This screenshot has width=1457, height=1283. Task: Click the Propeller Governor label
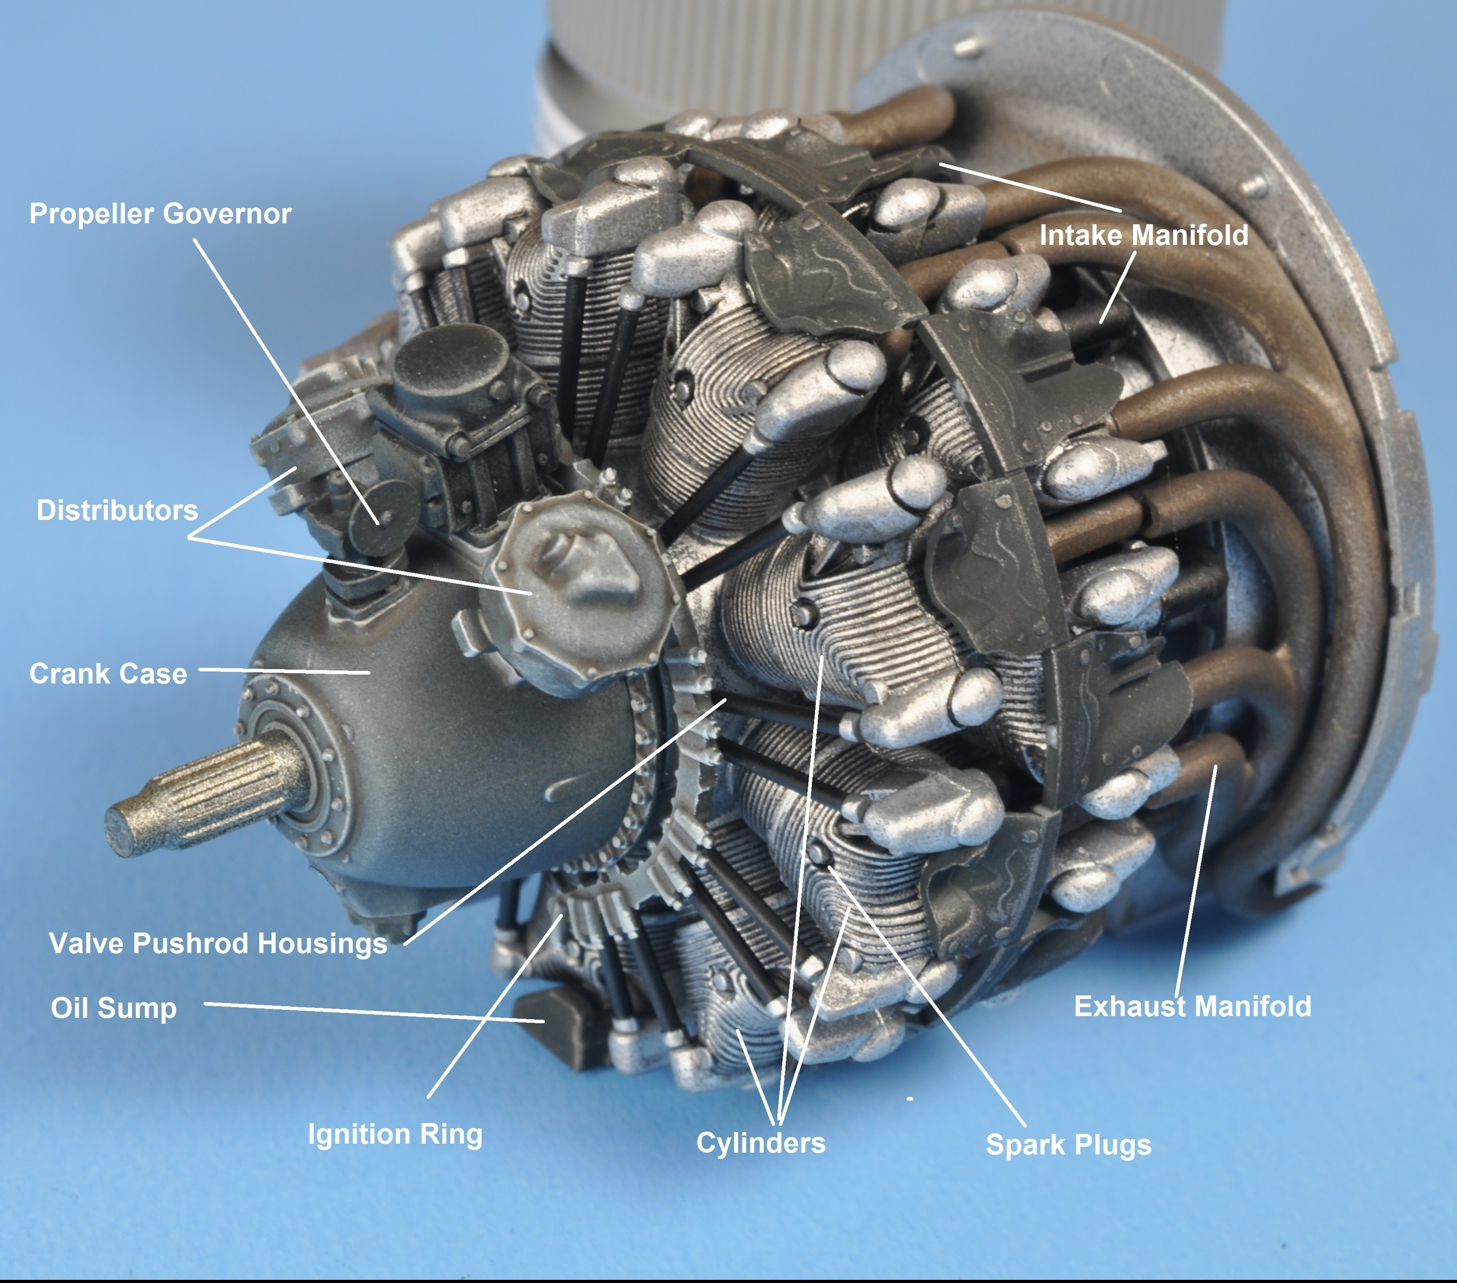tap(160, 214)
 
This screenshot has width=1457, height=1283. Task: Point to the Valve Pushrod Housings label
tap(218, 943)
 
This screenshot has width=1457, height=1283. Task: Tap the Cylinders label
tap(761, 1143)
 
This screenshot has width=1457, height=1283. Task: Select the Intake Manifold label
tap(1144, 235)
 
